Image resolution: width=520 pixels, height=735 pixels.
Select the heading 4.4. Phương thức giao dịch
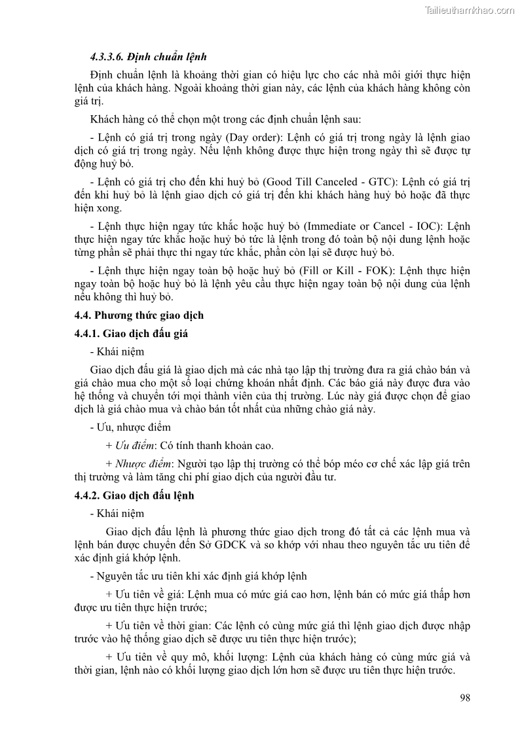click(138, 315)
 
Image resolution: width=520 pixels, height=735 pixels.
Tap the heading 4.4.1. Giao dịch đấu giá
click(130, 334)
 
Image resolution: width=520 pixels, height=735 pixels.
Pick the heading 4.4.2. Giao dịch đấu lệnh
click(134, 496)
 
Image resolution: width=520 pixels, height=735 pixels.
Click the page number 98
click(464, 698)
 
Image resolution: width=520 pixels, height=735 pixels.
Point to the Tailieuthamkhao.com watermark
click(470, 10)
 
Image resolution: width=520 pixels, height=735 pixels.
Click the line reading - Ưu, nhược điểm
click(121, 427)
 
